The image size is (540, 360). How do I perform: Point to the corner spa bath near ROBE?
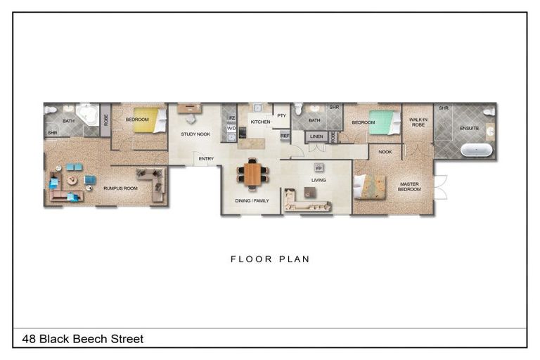tap(87, 114)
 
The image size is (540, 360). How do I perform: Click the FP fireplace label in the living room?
tap(318, 168)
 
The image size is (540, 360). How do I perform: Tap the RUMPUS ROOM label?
tap(117, 188)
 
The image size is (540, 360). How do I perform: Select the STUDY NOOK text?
tap(195, 134)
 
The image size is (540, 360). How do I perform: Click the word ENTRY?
tap(206, 159)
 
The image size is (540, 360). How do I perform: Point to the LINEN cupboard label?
tap(316, 136)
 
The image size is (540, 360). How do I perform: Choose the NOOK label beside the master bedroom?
tap(385, 152)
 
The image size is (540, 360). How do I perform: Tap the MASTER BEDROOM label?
tap(409, 187)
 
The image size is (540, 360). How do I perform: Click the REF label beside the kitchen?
tap(285, 135)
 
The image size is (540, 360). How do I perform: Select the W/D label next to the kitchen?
tap(231, 129)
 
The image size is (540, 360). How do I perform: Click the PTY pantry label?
tap(281, 115)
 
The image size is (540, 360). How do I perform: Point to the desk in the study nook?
tap(188, 108)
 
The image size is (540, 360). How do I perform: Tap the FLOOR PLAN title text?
tap(270, 259)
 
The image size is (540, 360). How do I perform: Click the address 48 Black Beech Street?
tap(83, 339)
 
